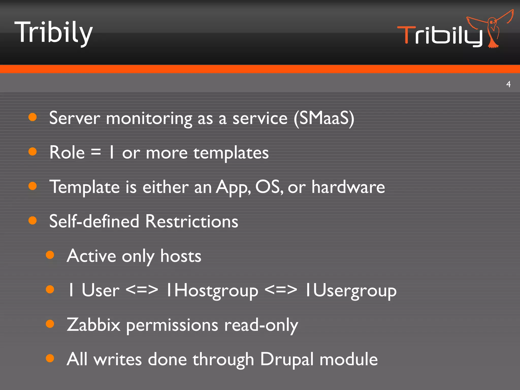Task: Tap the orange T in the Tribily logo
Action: click(406, 35)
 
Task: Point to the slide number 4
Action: click(508, 84)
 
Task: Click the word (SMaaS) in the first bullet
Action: click(324, 118)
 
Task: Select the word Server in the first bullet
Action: click(75, 118)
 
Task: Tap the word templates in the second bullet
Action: click(231, 153)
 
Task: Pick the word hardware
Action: click(348, 187)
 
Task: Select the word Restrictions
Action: click(192, 221)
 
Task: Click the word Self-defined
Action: click(94, 221)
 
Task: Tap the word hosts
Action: click(181, 256)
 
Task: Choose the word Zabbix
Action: click(93, 325)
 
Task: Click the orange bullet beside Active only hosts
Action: click(50, 255)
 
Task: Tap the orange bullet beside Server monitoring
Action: click(33, 117)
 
